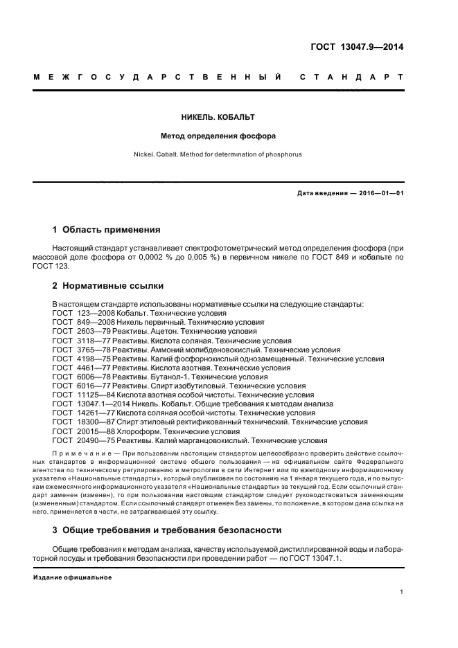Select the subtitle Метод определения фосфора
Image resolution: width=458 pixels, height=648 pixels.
[x=229, y=136]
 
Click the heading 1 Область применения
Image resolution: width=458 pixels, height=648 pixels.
[x=107, y=229]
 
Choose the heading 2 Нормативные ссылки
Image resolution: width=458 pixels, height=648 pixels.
[x=106, y=285]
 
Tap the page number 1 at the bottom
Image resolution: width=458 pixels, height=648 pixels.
[x=402, y=592]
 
